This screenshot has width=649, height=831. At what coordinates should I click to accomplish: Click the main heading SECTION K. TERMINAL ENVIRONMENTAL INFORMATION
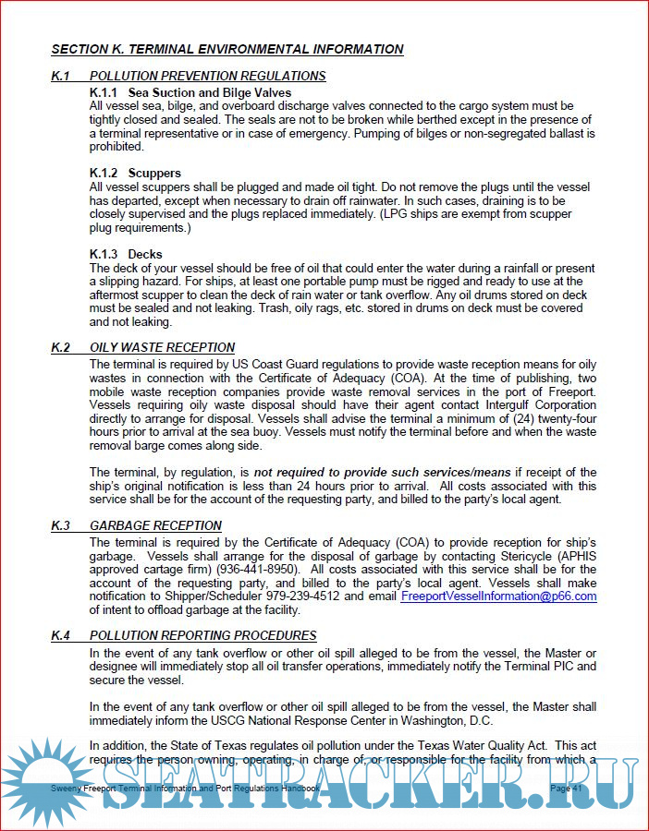[x=227, y=49]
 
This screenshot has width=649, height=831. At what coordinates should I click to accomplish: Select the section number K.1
[x=61, y=76]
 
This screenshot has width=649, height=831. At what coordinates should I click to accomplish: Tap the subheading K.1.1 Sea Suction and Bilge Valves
[x=190, y=92]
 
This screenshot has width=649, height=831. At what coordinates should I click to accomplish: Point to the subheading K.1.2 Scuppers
[x=135, y=173]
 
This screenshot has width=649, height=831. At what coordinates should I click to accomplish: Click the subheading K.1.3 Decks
[x=126, y=254]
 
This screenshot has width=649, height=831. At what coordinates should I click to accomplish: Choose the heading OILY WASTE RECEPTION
[x=162, y=347]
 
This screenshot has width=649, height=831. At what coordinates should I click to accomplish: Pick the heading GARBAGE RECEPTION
[x=155, y=525]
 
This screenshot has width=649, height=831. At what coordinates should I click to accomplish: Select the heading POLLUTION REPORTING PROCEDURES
[x=202, y=635]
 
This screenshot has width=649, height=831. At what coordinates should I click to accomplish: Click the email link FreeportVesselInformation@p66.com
[x=498, y=596]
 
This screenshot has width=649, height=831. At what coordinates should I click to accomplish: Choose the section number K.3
[x=61, y=525]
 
